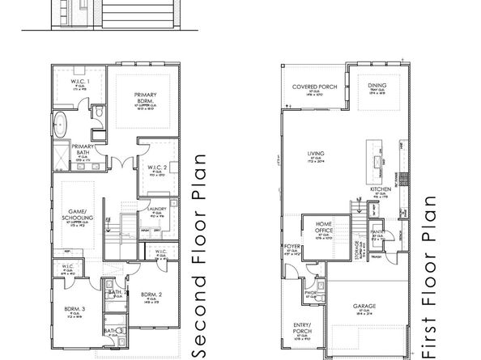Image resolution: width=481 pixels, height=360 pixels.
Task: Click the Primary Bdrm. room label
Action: click(145, 98)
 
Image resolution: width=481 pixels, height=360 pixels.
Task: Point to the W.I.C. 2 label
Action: click(155, 167)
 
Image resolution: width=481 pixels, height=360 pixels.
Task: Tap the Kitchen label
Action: click(381, 191)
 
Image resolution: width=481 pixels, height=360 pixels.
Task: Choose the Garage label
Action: click(365, 307)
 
